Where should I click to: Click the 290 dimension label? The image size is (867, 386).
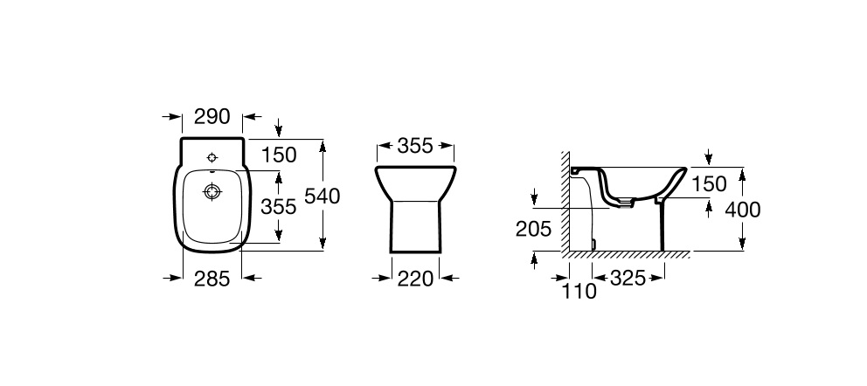212,116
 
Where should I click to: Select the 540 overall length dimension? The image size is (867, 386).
323,196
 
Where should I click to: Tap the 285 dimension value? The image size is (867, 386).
212,279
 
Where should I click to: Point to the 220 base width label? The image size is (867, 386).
415,279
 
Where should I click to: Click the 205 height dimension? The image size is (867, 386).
534,229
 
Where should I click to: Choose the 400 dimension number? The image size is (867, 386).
743,210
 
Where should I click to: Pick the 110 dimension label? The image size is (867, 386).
579,291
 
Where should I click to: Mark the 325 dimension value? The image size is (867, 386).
628,279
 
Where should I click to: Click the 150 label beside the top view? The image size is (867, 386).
279,155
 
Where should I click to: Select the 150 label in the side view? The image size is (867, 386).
708,184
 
